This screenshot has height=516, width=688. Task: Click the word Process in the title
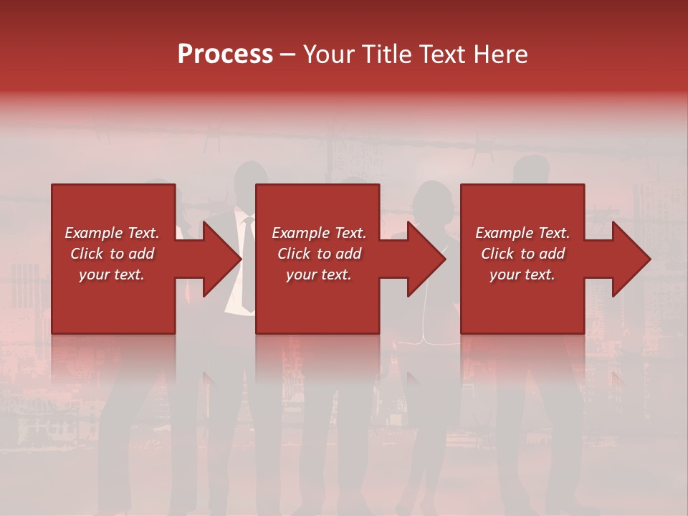(x=225, y=54)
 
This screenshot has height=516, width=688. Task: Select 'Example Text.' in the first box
(x=113, y=233)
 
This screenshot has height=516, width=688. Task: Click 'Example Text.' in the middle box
(x=319, y=233)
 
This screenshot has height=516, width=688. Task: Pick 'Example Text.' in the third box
(x=522, y=233)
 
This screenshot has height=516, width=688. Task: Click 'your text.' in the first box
(x=112, y=274)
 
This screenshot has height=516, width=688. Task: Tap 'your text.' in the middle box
(x=319, y=274)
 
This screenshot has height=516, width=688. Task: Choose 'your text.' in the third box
(x=522, y=274)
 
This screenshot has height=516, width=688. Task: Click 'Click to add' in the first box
(x=113, y=254)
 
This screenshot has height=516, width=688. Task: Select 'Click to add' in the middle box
(x=319, y=254)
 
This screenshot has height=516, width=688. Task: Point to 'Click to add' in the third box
(x=522, y=254)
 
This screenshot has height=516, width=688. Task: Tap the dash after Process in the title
(x=288, y=54)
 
